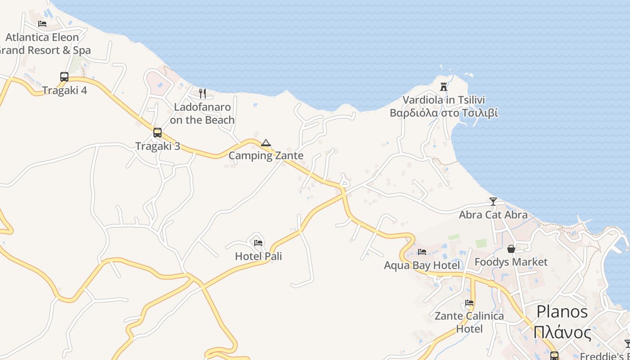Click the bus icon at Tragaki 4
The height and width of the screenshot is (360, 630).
(64, 77)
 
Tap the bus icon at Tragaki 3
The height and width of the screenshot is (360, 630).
(157, 133)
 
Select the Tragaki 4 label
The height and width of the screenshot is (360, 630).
(65, 90)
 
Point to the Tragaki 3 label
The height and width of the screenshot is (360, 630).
(157, 146)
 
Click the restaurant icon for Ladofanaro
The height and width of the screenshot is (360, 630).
(202, 94)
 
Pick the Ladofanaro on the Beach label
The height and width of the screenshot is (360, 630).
(202, 113)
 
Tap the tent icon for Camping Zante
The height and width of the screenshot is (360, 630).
(266, 143)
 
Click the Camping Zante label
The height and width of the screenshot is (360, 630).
(266, 156)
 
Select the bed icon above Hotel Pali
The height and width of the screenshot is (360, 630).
(258, 243)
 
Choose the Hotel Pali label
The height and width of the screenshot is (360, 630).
(258, 256)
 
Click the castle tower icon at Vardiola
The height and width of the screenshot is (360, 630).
(444, 87)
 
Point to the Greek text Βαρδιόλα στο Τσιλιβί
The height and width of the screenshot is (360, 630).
(444, 113)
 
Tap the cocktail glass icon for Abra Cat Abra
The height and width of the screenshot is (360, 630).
(493, 202)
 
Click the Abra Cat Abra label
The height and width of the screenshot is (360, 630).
(493, 215)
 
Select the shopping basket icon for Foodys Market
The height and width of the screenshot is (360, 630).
(511, 249)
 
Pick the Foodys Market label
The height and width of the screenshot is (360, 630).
(511, 262)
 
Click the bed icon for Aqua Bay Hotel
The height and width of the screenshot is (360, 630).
(422, 252)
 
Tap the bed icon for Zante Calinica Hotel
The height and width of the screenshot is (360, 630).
(469, 303)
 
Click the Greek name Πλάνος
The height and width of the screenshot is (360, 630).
(562, 333)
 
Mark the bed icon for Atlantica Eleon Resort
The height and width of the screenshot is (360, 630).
(42, 24)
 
